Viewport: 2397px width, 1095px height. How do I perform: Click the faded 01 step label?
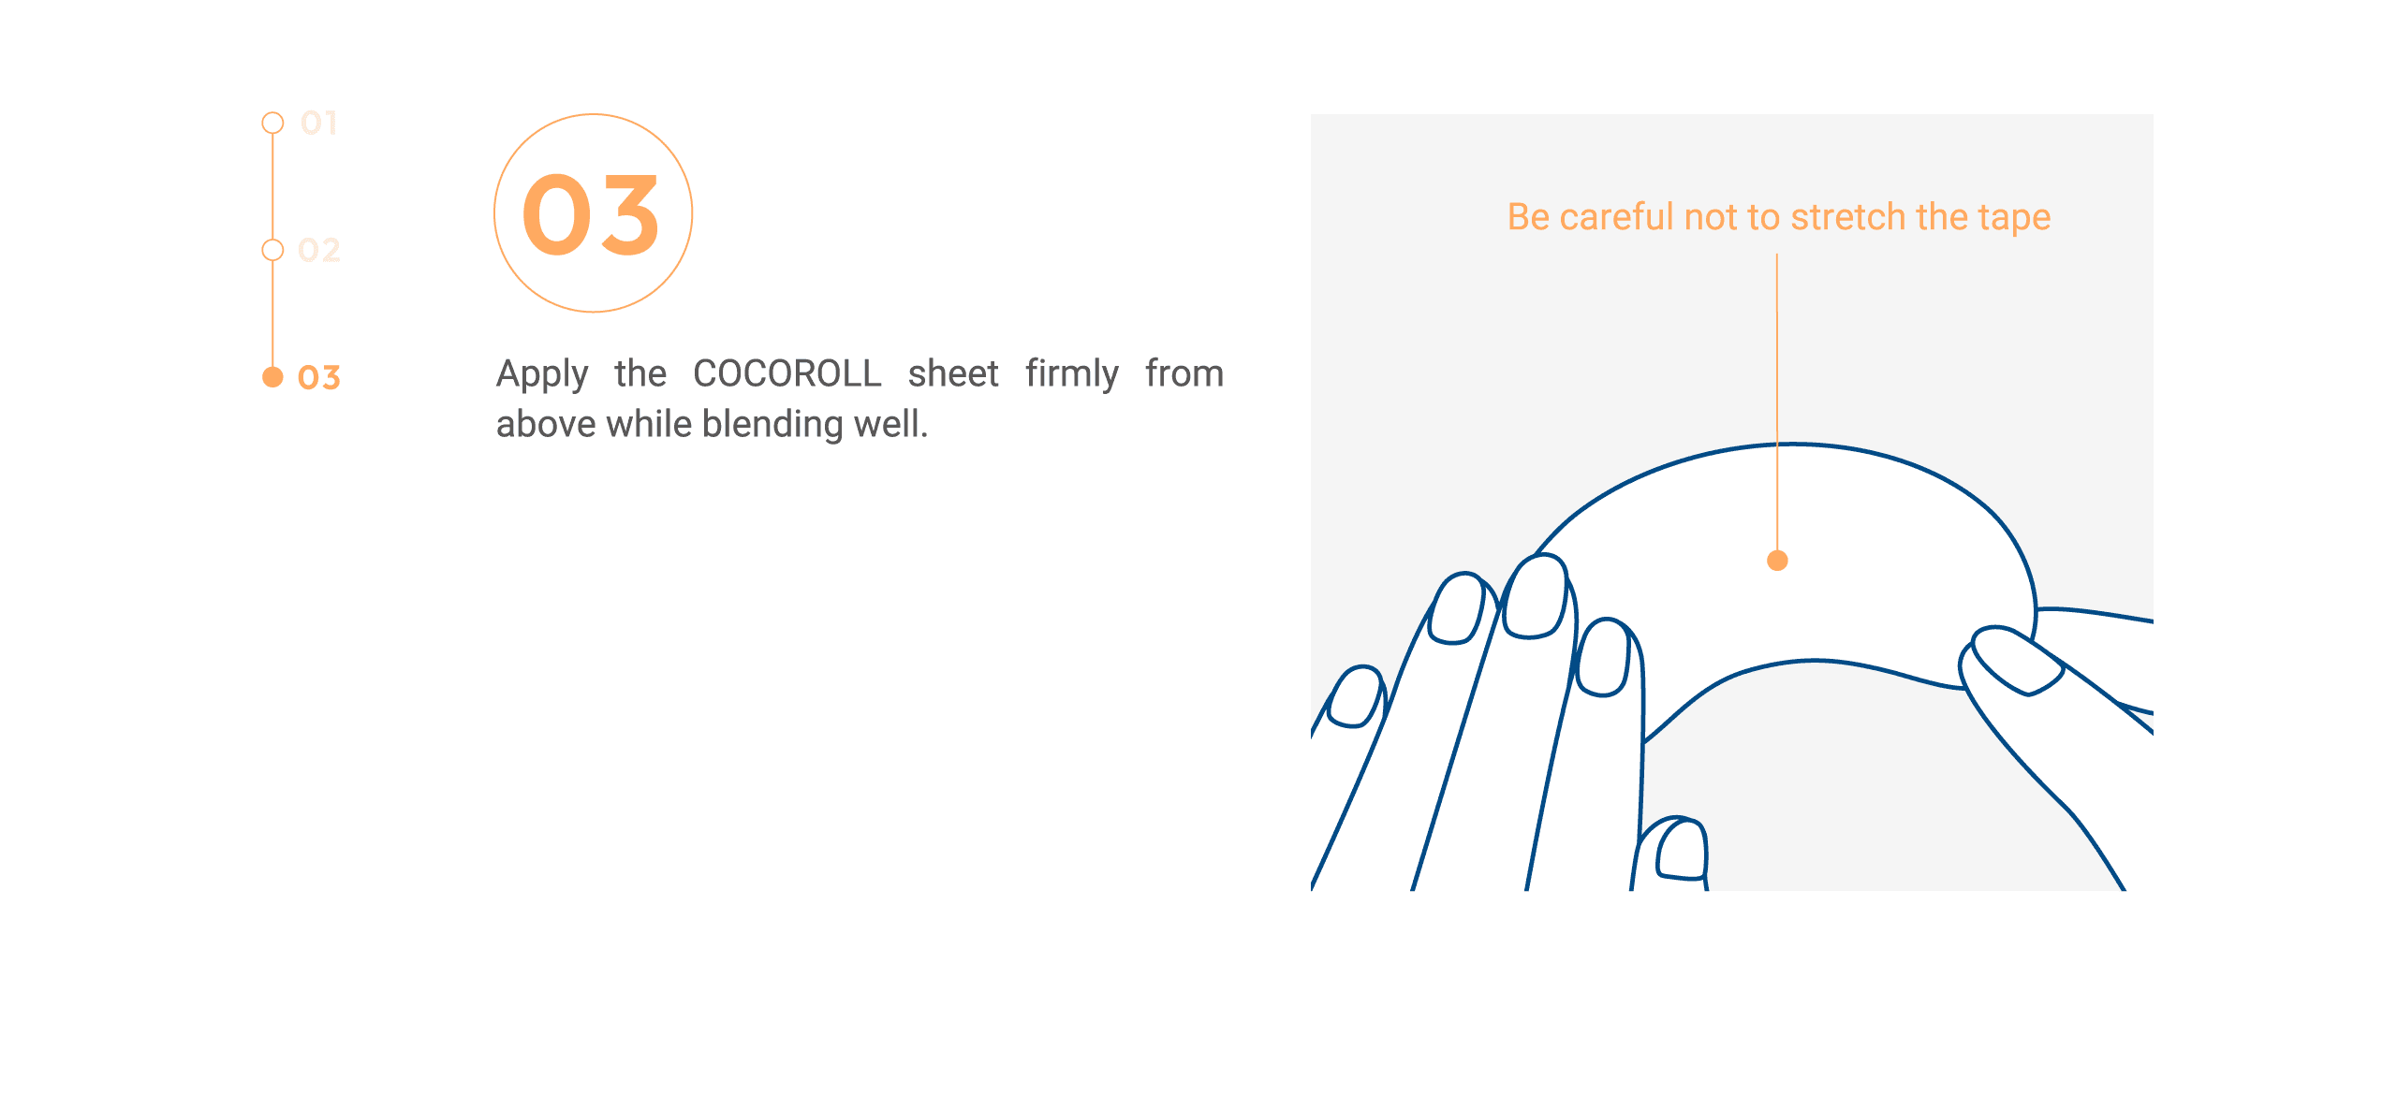(318, 123)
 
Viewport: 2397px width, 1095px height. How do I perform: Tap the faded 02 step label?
(318, 250)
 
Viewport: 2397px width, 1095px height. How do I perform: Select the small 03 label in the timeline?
(318, 377)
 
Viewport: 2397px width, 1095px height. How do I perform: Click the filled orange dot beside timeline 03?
(272, 377)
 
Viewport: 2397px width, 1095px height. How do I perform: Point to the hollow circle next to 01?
(272, 123)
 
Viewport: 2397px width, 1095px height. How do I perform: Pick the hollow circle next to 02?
(272, 250)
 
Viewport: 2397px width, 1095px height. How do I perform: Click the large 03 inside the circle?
(591, 215)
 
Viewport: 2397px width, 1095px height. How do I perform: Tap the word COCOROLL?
(787, 373)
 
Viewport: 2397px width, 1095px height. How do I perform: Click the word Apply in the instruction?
(542, 374)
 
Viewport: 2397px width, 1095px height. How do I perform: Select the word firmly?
(1072, 374)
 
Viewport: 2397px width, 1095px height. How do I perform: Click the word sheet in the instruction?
(953, 373)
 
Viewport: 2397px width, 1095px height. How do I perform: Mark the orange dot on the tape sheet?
(1777, 561)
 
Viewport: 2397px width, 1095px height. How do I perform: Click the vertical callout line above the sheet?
(1777, 402)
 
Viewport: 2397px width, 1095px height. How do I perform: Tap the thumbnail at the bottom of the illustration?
(1682, 849)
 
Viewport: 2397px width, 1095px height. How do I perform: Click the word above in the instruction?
(547, 425)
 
